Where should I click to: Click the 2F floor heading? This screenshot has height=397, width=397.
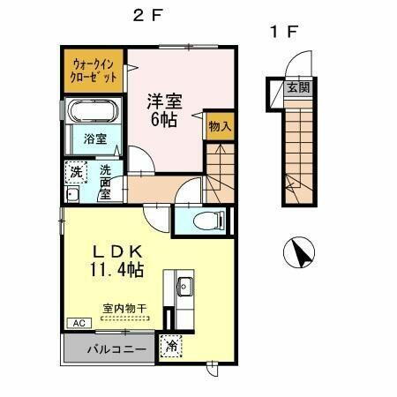point(146,15)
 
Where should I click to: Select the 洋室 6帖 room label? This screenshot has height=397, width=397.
point(164,109)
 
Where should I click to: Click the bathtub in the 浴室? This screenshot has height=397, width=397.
point(92,114)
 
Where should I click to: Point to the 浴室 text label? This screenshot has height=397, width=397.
point(94,139)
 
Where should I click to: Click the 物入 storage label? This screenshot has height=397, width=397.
point(220,127)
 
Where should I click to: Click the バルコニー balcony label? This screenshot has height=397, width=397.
point(109,348)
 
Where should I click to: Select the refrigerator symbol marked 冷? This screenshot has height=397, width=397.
point(170,348)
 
